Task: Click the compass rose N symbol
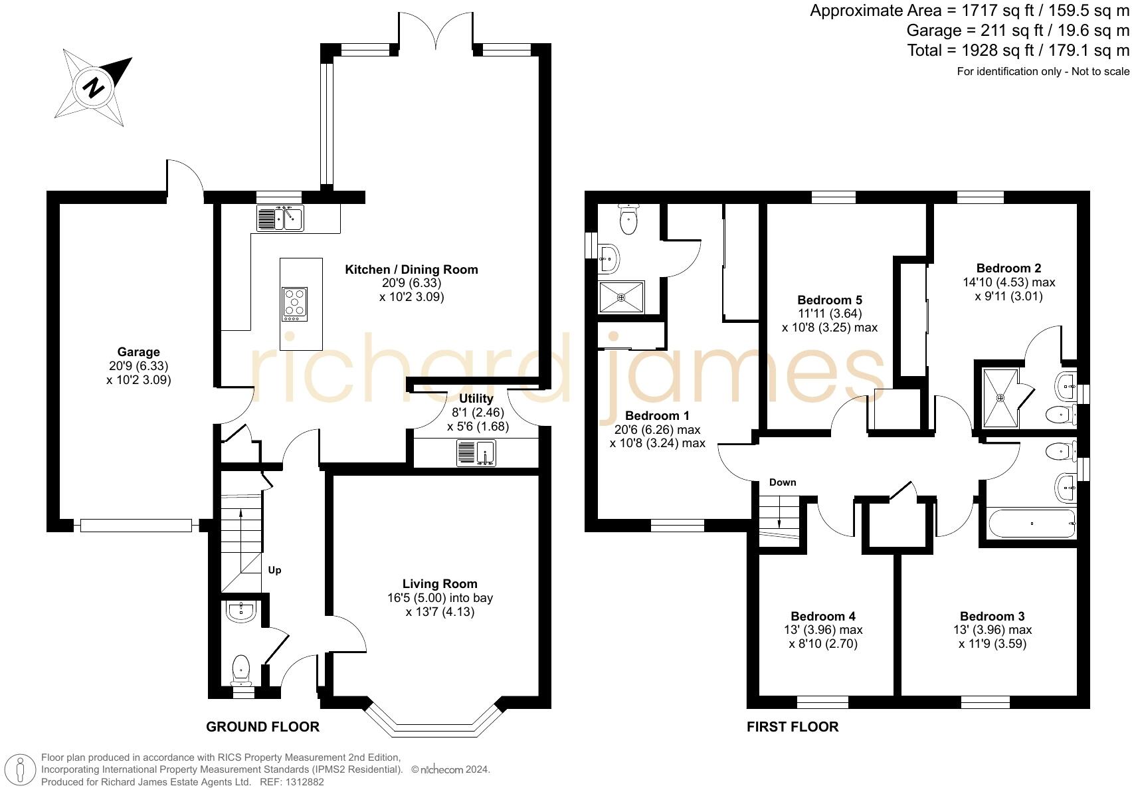pyautogui.click(x=95, y=87)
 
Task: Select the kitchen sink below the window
pyautogui.click(x=280, y=217)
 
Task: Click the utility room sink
pyautogui.click(x=476, y=453)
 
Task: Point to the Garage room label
pyautogui.click(x=138, y=352)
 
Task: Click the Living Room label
pyautogui.click(x=440, y=583)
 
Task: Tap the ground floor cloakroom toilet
pyautogui.click(x=240, y=670)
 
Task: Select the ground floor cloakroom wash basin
pyautogui.click(x=240, y=611)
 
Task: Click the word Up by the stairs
pyautogui.click(x=274, y=570)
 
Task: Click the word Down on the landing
pyautogui.click(x=783, y=482)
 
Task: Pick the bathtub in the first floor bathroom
pyautogui.click(x=1031, y=524)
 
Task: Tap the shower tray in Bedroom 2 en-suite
pyautogui.click(x=1000, y=397)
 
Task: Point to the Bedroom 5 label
pyautogui.click(x=830, y=300)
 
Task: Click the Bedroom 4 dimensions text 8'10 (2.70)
pyautogui.click(x=823, y=644)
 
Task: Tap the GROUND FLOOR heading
pyautogui.click(x=262, y=727)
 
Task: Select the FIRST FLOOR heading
pyautogui.click(x=792, y=727)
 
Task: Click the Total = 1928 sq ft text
pyautogui.click(x=1018, y=50)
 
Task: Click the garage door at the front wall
pyautogui.click(x=136, y=526)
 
